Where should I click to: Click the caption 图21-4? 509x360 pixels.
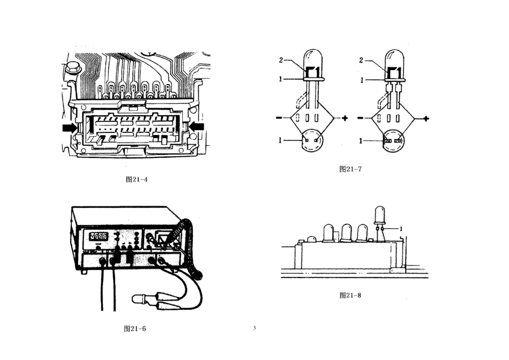pos(137,179)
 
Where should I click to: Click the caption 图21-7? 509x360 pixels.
pos(350,169)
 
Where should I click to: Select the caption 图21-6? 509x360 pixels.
pos(135,328)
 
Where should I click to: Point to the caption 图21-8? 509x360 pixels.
pos(350,295)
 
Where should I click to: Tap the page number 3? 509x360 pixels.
pos(254,327)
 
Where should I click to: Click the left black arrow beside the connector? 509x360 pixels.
pos(69,127)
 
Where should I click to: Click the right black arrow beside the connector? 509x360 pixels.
pos(197,126)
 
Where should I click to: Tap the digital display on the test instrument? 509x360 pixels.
pos(99,236)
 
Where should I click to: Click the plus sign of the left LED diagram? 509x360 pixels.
pos(345,118)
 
